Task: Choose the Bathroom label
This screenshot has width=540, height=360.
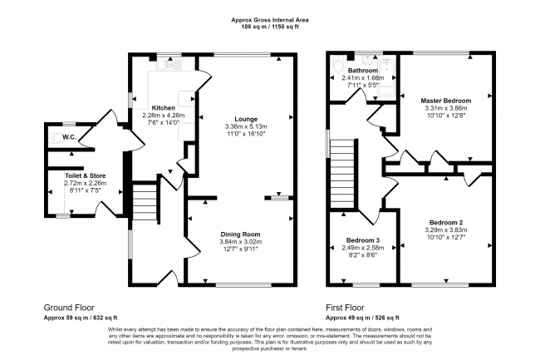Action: [x=363, y=71]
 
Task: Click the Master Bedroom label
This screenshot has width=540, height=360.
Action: [x=444, y=100]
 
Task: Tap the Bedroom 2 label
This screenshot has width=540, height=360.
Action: [x=445, y=223]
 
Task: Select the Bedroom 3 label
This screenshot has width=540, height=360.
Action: [x=363, y=240]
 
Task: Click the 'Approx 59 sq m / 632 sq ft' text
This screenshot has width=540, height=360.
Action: [x=81, y=317]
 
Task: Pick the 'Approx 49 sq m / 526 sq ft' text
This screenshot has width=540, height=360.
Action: [x=363, y=317]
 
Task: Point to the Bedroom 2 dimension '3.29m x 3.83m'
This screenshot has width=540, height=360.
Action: [x=445, y=230]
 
